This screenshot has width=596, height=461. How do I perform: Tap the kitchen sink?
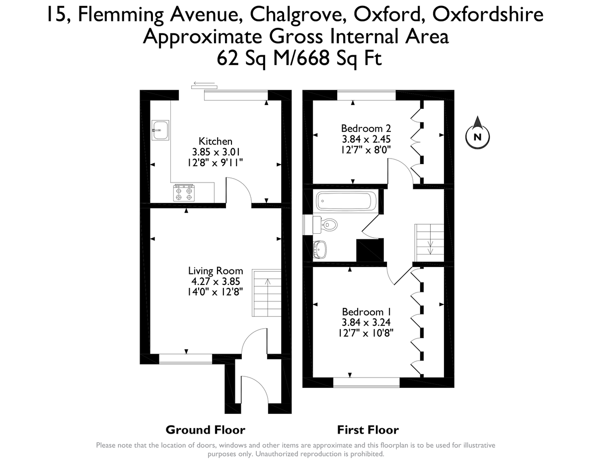[x=161, y=130]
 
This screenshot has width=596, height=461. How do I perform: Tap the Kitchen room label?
[x=216, y=141]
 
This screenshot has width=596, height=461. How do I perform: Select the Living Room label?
[x=216, y=271]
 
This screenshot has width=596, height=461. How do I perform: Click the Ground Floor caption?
[x=205, y=430]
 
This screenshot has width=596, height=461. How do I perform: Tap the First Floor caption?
[x=368, y=430]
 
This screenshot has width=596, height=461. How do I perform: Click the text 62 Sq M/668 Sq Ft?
[x=299, y=59]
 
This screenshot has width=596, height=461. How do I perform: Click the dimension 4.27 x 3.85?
[x=216, y=281]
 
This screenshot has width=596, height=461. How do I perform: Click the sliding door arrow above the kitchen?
[x=204, y=84]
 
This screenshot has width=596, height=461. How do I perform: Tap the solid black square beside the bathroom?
[x=371, y=250]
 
